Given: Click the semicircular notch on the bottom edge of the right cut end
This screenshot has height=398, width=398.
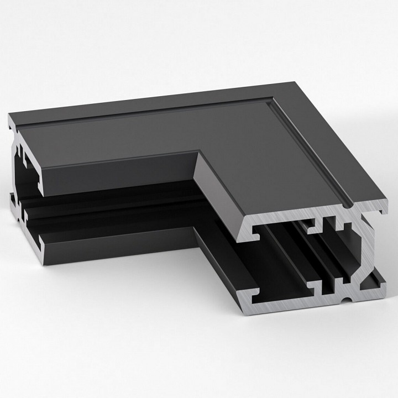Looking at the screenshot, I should [347, 300].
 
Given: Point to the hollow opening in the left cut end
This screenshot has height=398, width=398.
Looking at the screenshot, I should [28, 171].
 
